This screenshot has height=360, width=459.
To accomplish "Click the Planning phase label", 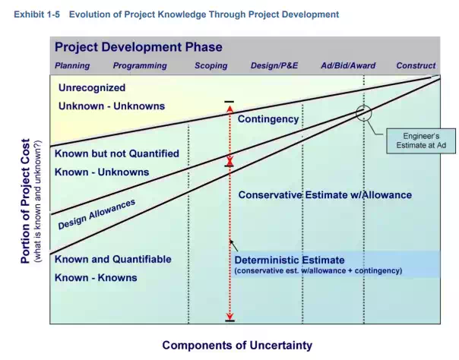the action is pyautogui.click(x=72, y=66).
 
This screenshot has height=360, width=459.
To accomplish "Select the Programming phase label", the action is pyautogui.click(x=140, y=66).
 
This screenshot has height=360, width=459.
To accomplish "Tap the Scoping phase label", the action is pyautogui.click(x=211, y=66).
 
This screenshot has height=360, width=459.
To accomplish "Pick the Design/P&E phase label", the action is pyautogui.click(x=274, y=65).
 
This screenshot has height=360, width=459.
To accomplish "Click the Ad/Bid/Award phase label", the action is pyautogui.click(x=348, y=65).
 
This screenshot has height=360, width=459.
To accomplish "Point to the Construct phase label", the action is pyautogui.click(x=416, y=65).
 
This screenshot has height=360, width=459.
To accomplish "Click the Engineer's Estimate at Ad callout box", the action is pyautogui.click(x=421, y=141).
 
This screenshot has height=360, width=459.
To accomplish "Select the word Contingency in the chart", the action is pyautogui.click(x=268, y=119).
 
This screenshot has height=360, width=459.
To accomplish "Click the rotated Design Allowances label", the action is pyautogui.click(x=97, y=214).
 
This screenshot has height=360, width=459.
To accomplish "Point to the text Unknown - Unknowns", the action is pyautogui.click(x=112, y=106).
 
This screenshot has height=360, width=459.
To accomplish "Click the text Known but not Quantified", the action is pyautogui.click(x=117, y=154).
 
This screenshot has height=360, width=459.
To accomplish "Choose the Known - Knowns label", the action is pyautogui.click(x=96, y=278).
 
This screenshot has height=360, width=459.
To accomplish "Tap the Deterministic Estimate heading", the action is pyautogui.click(x=290, y=261).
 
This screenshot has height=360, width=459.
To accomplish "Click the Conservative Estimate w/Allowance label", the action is pyautogui.click(x=325, y=195).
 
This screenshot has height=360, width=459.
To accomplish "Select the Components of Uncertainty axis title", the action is pyautogui.click(x=237, y=346).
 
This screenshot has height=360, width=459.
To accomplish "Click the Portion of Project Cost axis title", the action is pyautogui.click(x=26, y=201).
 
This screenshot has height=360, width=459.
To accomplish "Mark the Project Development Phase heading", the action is pyautogui.click(x=138, y=47).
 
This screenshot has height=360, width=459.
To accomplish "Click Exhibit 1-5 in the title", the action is pyautogui.click(x=37, y=14).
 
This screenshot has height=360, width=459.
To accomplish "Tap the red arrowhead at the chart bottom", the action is pyautogui.click(x=230, y=317).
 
